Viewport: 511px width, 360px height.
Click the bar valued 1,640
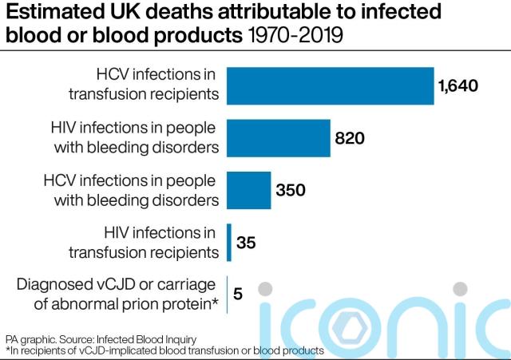point(330,86)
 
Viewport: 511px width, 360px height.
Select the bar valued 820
point(279,138)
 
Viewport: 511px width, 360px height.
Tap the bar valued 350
point(249,190)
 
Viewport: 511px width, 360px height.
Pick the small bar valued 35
point(229,241)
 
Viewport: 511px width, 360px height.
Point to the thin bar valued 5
point(228,293)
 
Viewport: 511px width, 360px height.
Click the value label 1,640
point(458,86)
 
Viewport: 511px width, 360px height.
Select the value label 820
point(350,138)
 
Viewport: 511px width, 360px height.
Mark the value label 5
point(237,293)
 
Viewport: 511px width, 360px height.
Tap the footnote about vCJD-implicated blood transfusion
point(164,350)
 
